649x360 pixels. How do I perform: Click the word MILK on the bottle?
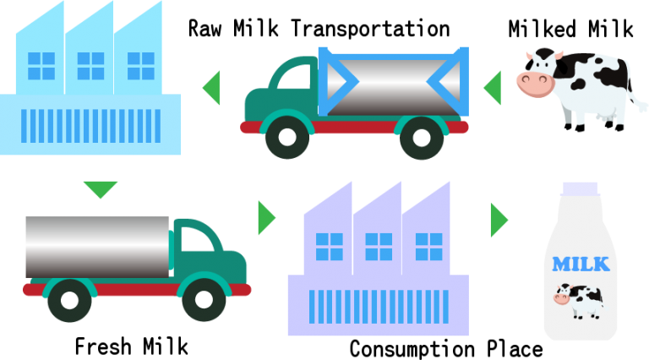point(580,265)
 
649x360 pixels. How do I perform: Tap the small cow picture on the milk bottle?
point(578,300)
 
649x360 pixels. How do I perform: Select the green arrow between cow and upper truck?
point(492,88)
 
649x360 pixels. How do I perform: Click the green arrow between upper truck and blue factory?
point(211,88)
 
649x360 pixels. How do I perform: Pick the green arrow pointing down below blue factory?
point(101,189)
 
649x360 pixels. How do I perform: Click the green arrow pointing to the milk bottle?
point(499,220)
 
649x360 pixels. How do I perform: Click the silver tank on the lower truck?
point(97,246)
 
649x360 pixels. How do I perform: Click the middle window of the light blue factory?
point(90,66)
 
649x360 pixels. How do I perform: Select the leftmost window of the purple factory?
point(329,246)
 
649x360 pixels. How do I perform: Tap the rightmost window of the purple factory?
point(428,246)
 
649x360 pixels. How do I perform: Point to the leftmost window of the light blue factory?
point(41,66)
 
